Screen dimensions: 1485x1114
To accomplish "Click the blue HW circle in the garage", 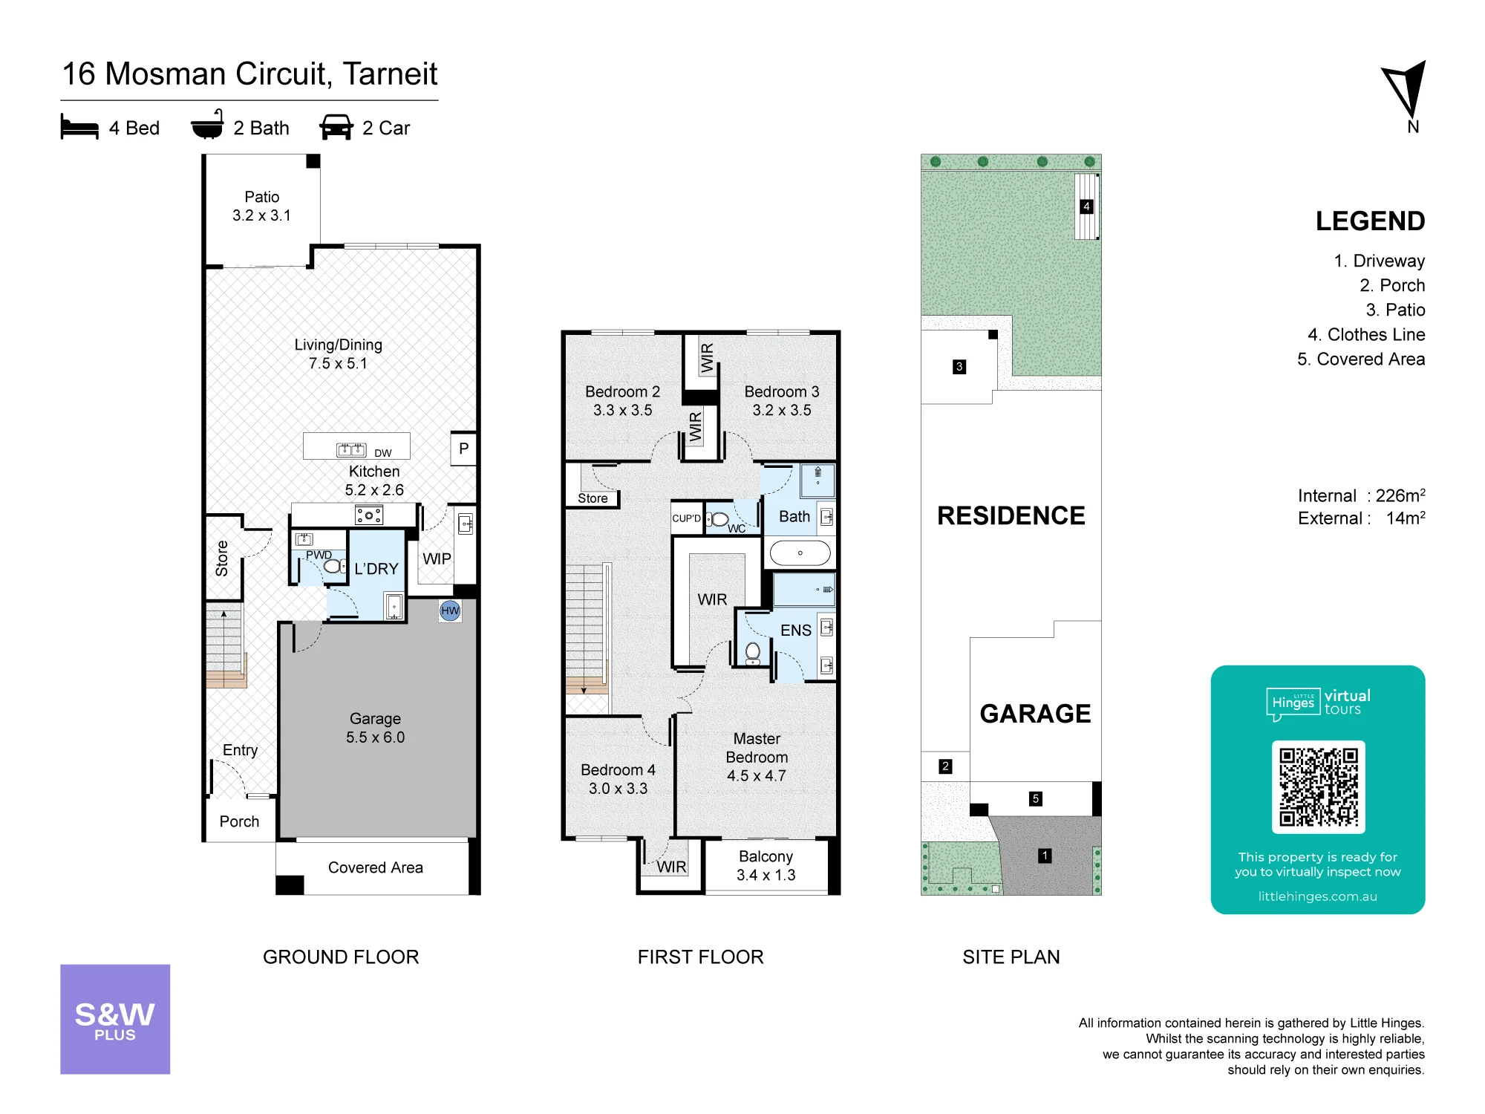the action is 450,610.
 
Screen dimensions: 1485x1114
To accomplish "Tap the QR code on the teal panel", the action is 1318,786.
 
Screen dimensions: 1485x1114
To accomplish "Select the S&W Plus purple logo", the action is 115,1019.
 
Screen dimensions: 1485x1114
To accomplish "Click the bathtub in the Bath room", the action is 800,553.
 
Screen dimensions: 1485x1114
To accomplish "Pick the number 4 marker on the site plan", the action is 1086,206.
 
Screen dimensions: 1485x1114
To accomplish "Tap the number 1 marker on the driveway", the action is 1045,856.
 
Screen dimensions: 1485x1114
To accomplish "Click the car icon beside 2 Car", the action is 336,127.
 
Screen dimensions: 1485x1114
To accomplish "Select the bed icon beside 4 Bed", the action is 79,127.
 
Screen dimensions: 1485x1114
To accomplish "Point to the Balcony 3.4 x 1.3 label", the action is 766,866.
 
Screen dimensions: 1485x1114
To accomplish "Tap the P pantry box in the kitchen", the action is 463,449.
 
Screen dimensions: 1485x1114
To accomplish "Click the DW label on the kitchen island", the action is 383,453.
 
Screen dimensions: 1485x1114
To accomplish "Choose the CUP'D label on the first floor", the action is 686,518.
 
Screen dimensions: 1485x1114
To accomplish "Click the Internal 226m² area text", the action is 1361,495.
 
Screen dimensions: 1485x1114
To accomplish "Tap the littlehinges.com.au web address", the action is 1317,896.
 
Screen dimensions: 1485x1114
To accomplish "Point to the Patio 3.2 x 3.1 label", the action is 262,206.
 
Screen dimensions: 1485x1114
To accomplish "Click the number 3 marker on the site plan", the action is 959,367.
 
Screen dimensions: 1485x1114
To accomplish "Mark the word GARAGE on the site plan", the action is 1035,714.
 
